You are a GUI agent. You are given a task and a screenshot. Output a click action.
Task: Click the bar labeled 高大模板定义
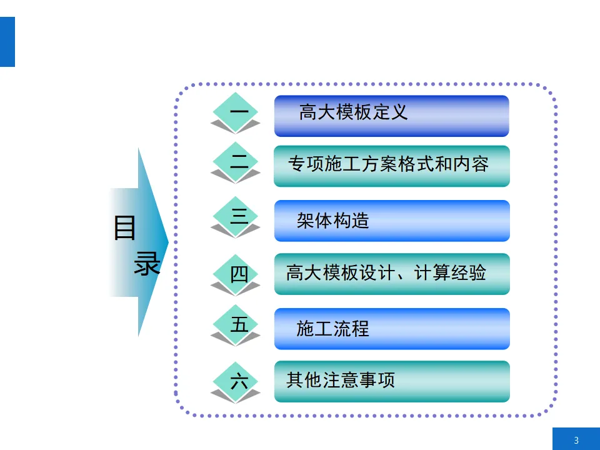coord(391,116)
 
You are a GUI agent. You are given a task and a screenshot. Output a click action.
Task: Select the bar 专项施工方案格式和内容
coord(391,166)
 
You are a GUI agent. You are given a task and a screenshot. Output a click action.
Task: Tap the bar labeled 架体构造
coord(391,221)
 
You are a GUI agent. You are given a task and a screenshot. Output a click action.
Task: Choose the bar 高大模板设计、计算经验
coord(391,274)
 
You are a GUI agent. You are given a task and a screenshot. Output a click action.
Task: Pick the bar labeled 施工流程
coord(391,329)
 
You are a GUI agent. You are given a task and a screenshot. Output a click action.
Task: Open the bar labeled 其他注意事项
coord(391,381)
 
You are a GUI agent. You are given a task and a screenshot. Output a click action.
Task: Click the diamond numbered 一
coord(236,112)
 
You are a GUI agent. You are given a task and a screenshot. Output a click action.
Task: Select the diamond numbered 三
coord(236,217)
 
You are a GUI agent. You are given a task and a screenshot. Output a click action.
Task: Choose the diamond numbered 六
coord(236,380)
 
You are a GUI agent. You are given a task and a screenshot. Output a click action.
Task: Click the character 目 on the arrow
coord(125,228)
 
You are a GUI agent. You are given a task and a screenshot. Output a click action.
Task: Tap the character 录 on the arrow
coord(147,264)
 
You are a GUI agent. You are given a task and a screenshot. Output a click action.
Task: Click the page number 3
coord(576,440)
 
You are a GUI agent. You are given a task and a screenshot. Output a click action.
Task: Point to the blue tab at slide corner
coord(7,42)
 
